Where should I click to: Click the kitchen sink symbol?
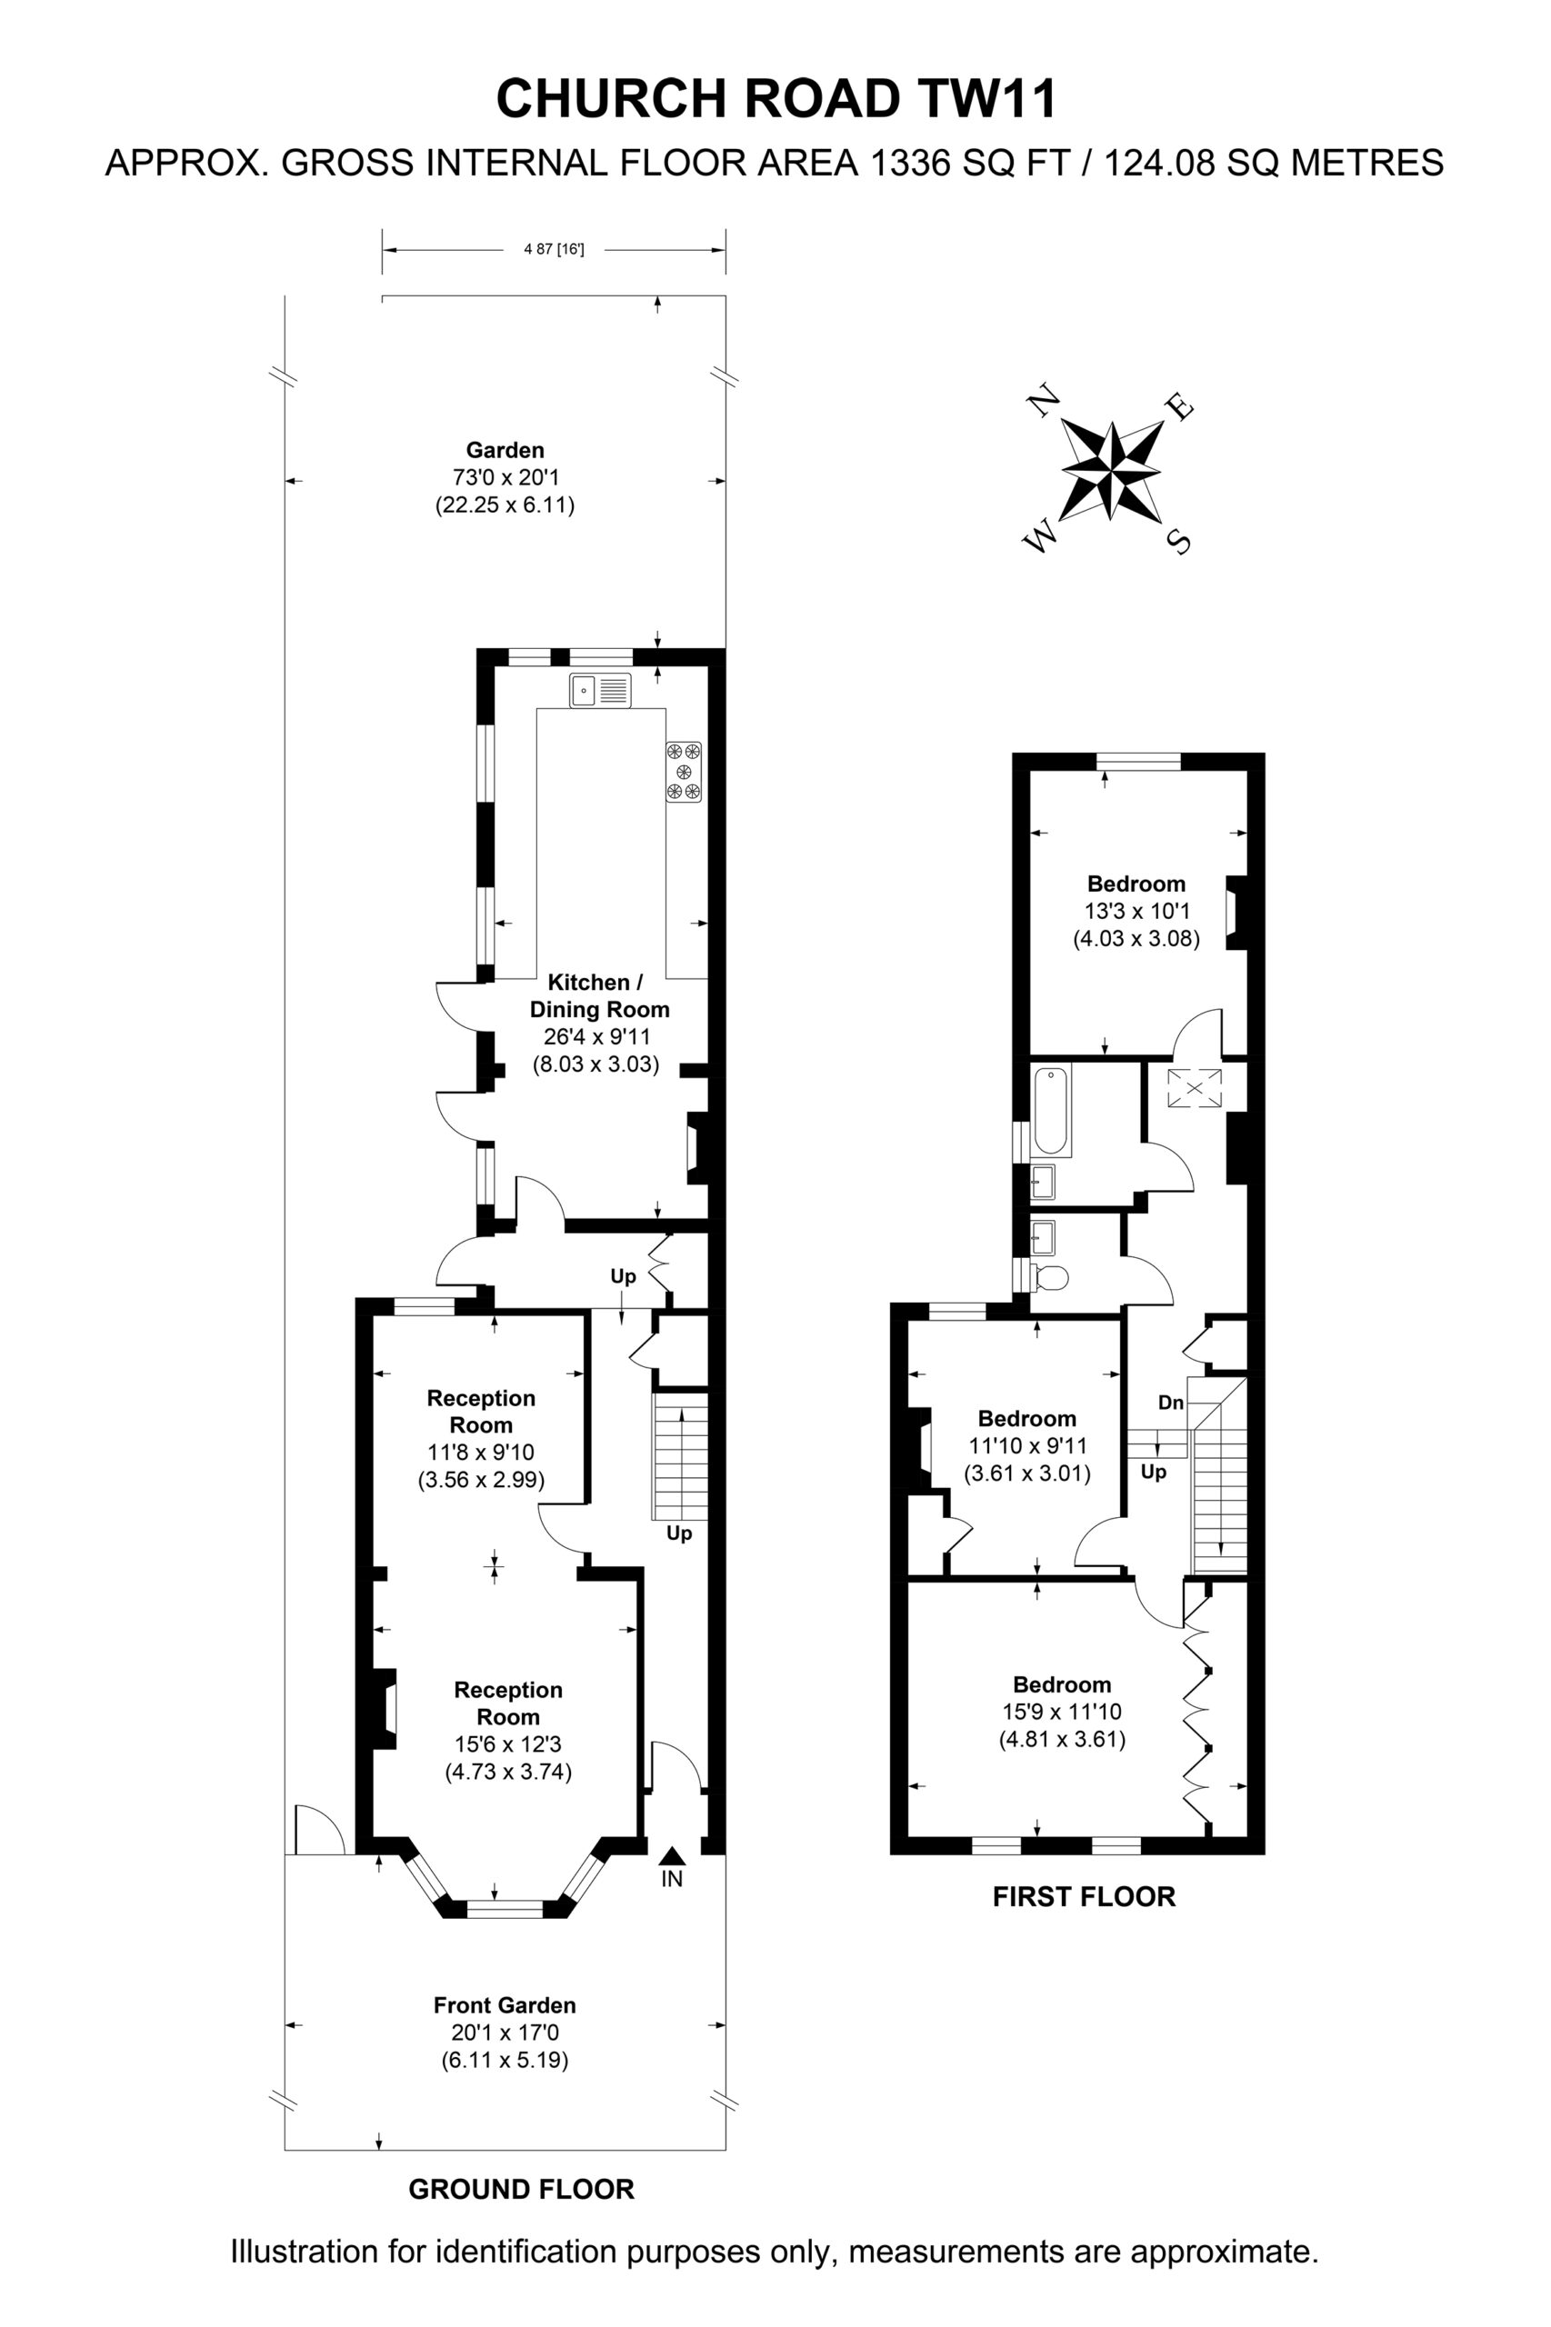click(x=599, y=690)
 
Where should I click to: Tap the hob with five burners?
click(x=684, y=773)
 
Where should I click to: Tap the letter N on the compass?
click(x=1045, y=401)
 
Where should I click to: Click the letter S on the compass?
click(x=1179, y=541)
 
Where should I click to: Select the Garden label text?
click(x=505, y=450)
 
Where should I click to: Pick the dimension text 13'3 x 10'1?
click(x=1136, y=911)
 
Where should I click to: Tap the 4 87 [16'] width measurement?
click(x=554, y=249)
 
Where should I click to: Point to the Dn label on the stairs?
click(x=1171, y=1403)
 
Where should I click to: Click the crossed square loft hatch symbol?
click(x=1195, y=1089)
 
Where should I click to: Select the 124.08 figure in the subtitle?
click(x=1158, y=161)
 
